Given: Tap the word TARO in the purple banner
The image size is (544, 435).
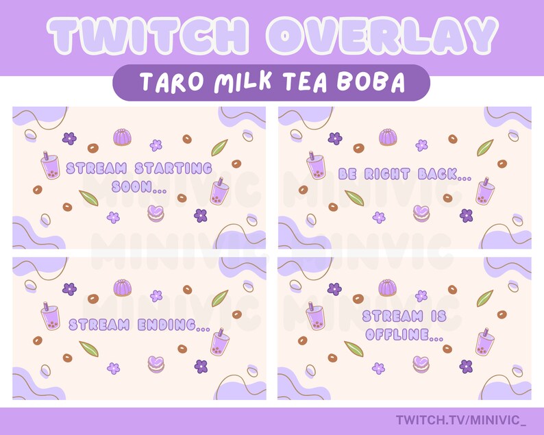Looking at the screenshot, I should (168, 83).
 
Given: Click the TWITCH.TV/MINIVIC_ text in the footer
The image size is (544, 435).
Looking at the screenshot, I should (465, 419).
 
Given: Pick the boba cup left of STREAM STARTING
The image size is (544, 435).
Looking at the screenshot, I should (50, 166).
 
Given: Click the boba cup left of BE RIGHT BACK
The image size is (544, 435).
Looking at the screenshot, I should (316, 166).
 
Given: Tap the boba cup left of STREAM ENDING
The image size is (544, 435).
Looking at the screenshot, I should (50, 316).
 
